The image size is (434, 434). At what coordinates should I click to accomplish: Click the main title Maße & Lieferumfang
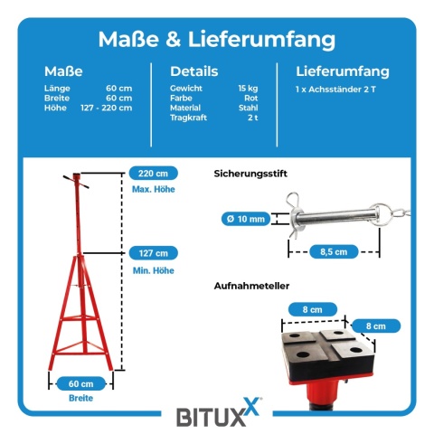click(217, 39)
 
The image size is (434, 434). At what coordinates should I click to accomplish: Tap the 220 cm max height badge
click(154, 174)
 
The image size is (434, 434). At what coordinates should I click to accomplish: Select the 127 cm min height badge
click(154, 253)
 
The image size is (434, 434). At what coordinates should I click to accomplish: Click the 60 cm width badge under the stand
click(80, 383)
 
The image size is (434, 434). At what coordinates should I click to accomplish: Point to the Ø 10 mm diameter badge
click(246, 219)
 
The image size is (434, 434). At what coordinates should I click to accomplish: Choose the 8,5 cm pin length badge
click(334, 251)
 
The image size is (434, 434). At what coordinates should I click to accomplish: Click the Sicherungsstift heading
click(250, 174)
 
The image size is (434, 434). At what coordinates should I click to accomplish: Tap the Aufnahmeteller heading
click(251, 286)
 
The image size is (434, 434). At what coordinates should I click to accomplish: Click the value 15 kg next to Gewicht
click(248, 88)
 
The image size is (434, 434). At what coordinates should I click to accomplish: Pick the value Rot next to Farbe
click(251, 98)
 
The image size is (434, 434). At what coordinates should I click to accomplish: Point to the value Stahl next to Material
click(249, 108)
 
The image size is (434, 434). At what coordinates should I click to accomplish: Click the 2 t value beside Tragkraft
click(253, 118)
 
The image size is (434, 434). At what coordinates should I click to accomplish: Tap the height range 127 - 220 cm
click(107, 108)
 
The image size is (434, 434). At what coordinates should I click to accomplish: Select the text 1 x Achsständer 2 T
click(335, 90)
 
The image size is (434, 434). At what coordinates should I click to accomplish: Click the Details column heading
click(194, 71)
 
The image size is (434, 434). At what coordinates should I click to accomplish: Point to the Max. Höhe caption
click(154, 189)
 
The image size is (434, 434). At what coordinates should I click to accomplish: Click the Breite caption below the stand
click(80, 398)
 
